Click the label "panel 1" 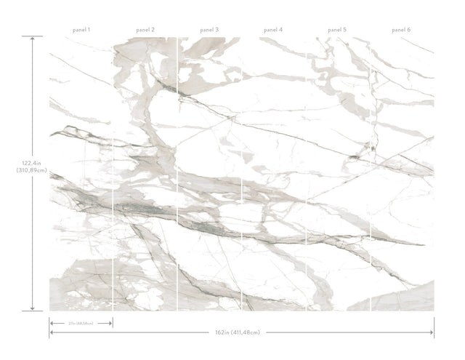click(81, 30)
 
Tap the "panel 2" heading click(145, 30)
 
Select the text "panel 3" click(209, 30)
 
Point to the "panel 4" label click(273, 30)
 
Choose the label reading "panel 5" click(336, 30)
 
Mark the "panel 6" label click(401, 30)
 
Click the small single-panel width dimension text click(80, 322)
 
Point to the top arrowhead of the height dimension click(32, 38)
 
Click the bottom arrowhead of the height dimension click(32, 310)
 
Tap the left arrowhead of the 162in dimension click(51, 332)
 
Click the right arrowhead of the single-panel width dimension click(111, 322)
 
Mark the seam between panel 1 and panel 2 click(113, 175)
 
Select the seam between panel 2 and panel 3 click(177, 175)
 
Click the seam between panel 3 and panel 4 click(241, 175)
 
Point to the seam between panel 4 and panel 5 click(306, 175)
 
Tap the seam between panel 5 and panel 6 click(370, 175)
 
